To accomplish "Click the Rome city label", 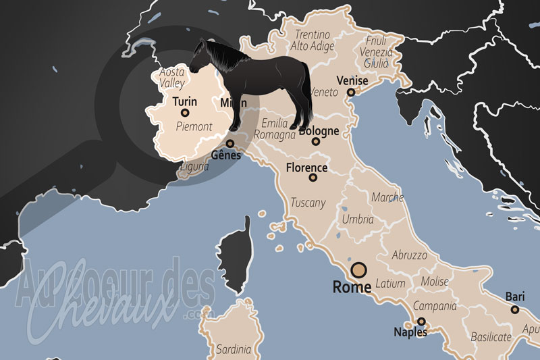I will click(352, 287).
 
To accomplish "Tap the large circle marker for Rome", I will click(359, 270).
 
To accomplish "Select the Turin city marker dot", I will click(184, 113).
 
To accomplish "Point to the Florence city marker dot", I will click(313, 178).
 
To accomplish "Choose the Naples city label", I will click(412, 332).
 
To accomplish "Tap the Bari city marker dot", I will click(514, 309).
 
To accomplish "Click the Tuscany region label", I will click(308, 203).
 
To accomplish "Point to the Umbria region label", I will click(358, 220).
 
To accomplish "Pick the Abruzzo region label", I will click(410, 256).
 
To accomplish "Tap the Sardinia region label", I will click(234, 350).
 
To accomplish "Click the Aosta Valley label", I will click(171, 78).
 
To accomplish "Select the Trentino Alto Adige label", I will click(311, 41).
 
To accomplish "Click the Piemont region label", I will click(194, 126).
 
